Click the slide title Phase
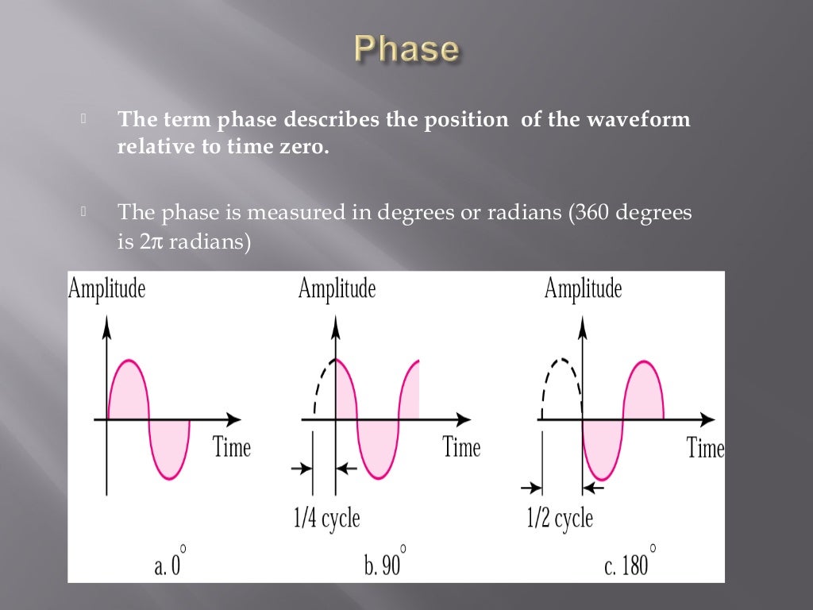click(x=406, y=48)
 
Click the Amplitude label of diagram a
click(x=107, y=288)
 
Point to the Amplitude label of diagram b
click(x=337, y=288)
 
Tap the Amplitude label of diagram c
click(x=583, y=288)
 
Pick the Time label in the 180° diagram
click(x=705, y=448)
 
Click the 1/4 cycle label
click(x=326, y=519)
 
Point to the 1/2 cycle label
click(x=560, y=519)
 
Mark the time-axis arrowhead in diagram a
click(x=233, y=419)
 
